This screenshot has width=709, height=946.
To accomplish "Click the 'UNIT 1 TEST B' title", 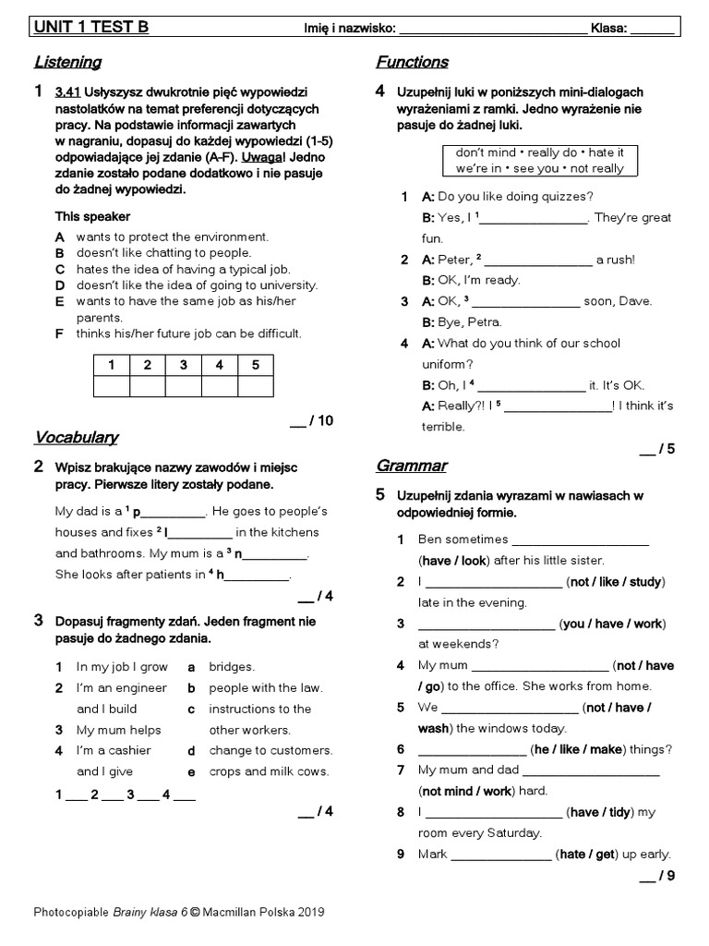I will click(90, 28).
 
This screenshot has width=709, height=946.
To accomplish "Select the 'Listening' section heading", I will click(67, 63).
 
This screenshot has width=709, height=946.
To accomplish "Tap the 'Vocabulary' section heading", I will click(76, 437).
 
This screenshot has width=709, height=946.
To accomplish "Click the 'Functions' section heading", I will click(412, 63).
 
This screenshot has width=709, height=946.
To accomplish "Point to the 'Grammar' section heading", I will click(411, 466).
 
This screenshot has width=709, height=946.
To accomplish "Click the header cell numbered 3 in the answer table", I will click(184, 365).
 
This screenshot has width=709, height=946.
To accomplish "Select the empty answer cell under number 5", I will click(256, 386).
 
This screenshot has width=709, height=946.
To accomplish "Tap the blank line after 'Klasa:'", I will click(653, 30).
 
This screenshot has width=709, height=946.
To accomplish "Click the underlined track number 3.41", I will click(68, 92).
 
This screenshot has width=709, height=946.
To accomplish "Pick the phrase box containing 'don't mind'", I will click(539, 160).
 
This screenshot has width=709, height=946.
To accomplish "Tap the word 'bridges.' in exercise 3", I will click(232, 667).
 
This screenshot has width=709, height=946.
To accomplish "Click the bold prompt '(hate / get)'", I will click(585, 855).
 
